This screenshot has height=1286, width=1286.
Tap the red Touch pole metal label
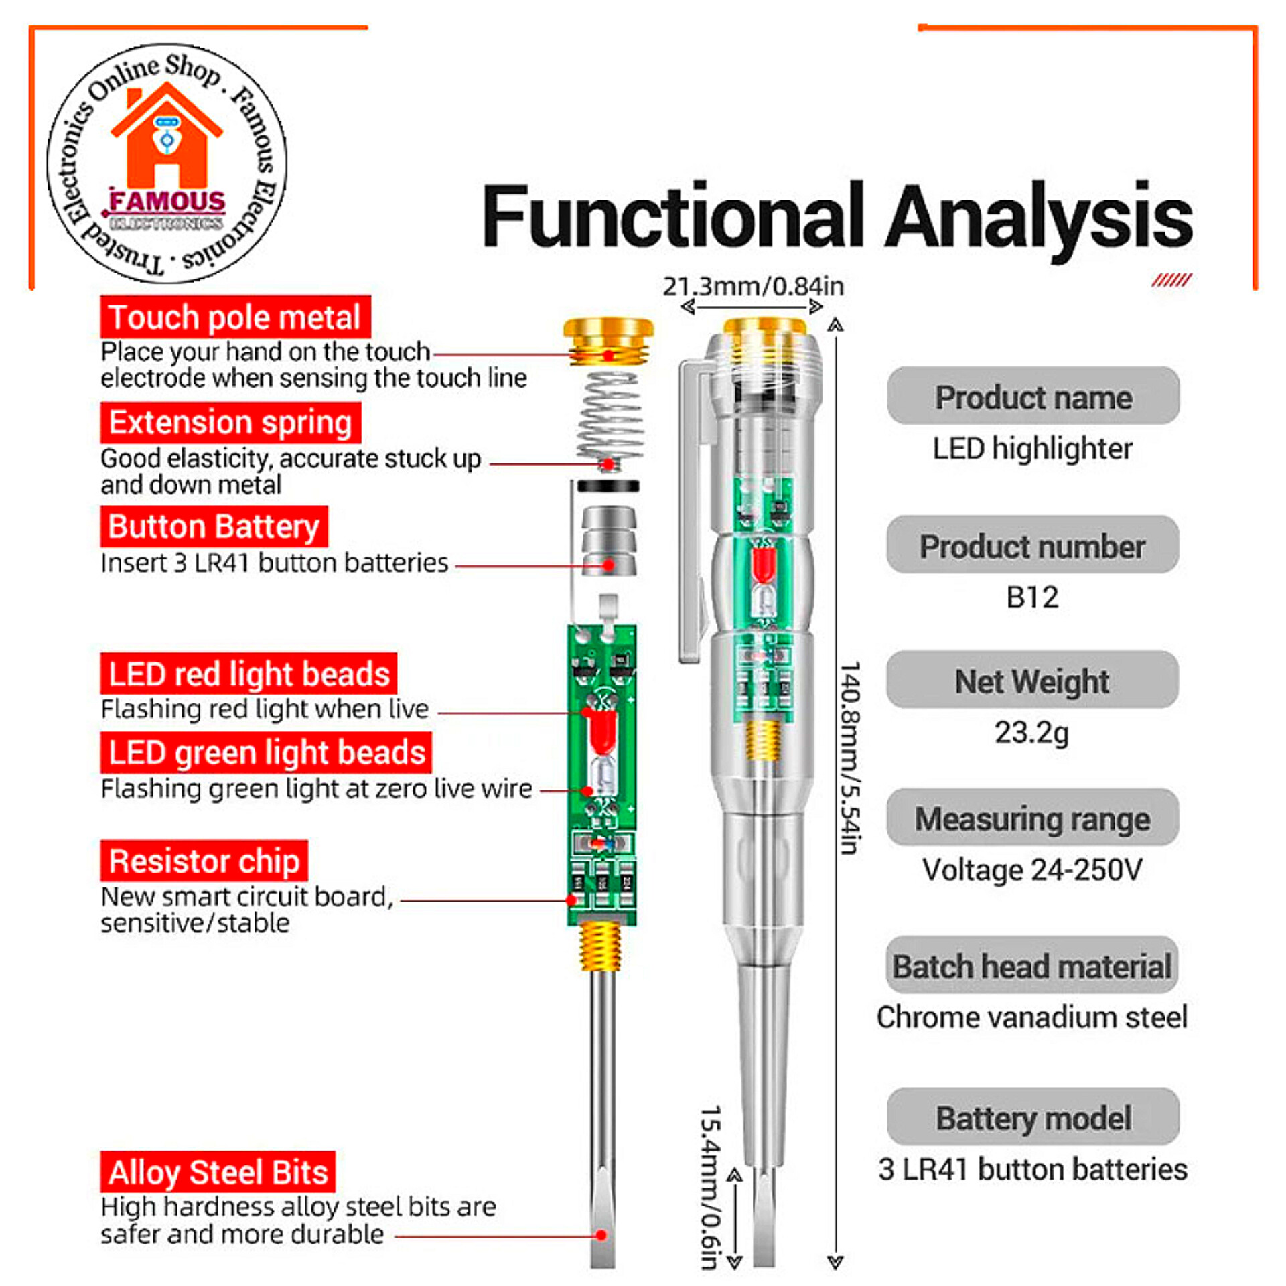pos(235,317)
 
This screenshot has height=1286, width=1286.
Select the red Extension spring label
pos(230,423)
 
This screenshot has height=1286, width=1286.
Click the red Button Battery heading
pos(214,526)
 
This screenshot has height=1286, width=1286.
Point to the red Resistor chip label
pos(204,861)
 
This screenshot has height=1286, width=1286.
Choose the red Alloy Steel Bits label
pos(218,1172)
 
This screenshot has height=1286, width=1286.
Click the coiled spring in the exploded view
pos(608,419)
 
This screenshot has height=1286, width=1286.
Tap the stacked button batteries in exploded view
pos(608,541)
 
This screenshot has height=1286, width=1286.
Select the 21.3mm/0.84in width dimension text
pos(753,287)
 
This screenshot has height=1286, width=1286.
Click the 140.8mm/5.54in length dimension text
pos(849,757)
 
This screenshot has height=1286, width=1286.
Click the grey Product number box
pos(1032,546)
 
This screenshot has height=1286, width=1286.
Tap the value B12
pos(1032,597)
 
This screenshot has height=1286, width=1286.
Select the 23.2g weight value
pos(1031,732)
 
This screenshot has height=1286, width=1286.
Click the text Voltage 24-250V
pos(1031,870)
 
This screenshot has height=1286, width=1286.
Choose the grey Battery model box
pos(1032,1118)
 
